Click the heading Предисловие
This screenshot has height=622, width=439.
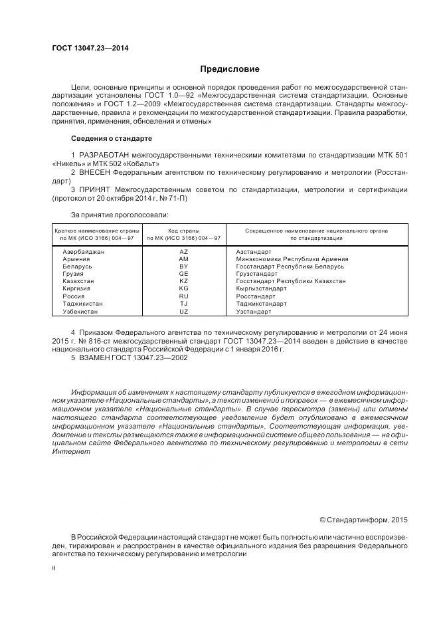tap(230, 68)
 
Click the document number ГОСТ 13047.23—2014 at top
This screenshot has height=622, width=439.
tap(90, 48)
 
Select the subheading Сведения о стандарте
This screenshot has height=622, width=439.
tap(111, 138)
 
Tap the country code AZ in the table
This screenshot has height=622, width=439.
tap(184, 252)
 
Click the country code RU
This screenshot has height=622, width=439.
tap(184, 296)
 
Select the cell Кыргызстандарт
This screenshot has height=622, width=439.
tap(261, 288)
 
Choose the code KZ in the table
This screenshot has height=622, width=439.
tap(184, 281)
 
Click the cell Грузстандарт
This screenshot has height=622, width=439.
tap(258, 274)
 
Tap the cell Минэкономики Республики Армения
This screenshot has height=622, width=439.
tap(292, 259)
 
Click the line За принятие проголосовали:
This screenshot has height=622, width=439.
tap(120, 214)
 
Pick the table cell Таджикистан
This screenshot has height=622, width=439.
tap(82, 303)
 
